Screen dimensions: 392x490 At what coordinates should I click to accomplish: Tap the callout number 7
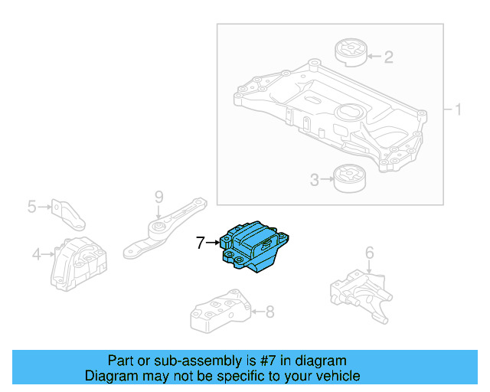click(200, 243)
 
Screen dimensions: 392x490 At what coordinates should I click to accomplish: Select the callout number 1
click(458, 110)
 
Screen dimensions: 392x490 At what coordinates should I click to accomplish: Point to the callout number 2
click(388, 56)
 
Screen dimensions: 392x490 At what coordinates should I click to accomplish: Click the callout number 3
click(314, 181)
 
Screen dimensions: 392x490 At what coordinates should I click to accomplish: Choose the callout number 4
click(36, 254)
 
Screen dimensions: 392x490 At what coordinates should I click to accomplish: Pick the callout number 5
click(32, 206)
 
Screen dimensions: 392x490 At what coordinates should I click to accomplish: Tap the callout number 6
click(369, 253)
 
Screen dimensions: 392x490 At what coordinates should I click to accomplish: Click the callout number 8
click(269, 312)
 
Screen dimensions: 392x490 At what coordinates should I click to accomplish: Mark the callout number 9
click(158, 197)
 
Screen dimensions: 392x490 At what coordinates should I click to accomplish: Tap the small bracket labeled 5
click(66, 213)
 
